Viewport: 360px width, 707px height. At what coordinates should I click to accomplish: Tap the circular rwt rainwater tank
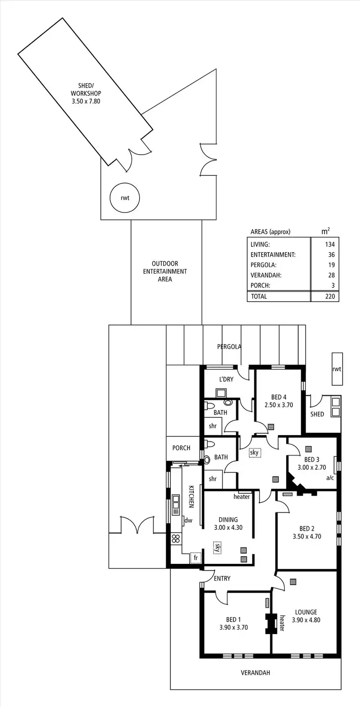tap(125, 197)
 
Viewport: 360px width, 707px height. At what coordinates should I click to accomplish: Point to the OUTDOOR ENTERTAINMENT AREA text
tap(165, 271)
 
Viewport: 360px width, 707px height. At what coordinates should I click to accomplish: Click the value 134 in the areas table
tap(331, 244)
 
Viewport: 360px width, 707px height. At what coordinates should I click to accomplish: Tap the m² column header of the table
tap(325, 232)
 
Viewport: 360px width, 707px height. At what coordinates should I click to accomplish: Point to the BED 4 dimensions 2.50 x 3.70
tap(278, 405)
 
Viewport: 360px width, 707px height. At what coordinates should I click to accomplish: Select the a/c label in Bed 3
tap(330, 478)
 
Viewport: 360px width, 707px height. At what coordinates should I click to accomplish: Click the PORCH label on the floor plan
tap(181, 448)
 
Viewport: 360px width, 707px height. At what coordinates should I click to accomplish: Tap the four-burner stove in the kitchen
tap(176, 538)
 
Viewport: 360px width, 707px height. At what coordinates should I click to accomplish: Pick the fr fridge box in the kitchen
tap(195, 558)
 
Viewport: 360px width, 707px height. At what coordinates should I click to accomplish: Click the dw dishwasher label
tap(188, 520)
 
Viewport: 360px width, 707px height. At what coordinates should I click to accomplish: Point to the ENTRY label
tap(222, 579)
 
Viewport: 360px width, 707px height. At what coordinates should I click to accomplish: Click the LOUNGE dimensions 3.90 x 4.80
tap(306, 620)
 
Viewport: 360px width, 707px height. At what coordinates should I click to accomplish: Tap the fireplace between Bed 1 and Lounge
tap(271, 623)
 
